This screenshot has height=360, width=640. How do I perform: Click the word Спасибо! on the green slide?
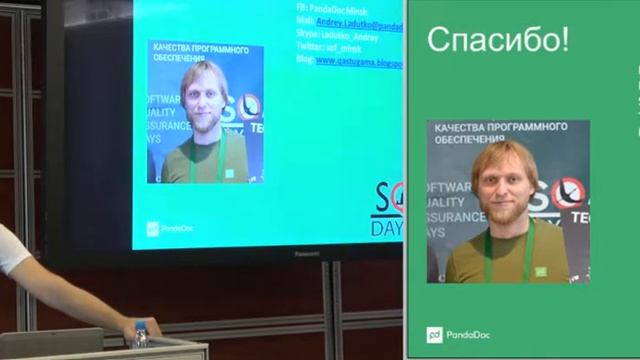[498, 40]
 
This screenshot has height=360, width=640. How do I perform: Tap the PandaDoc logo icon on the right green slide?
[434, 335]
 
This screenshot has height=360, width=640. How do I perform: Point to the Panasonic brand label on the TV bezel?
[306, 253]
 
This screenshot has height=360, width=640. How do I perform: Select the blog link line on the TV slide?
[350, 61]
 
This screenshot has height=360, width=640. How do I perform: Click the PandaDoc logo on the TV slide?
[170, 228]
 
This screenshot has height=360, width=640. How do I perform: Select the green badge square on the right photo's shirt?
[540, 271]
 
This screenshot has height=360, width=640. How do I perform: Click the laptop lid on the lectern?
[50, 343]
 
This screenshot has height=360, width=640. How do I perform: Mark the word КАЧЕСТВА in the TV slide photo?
[170, 46]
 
